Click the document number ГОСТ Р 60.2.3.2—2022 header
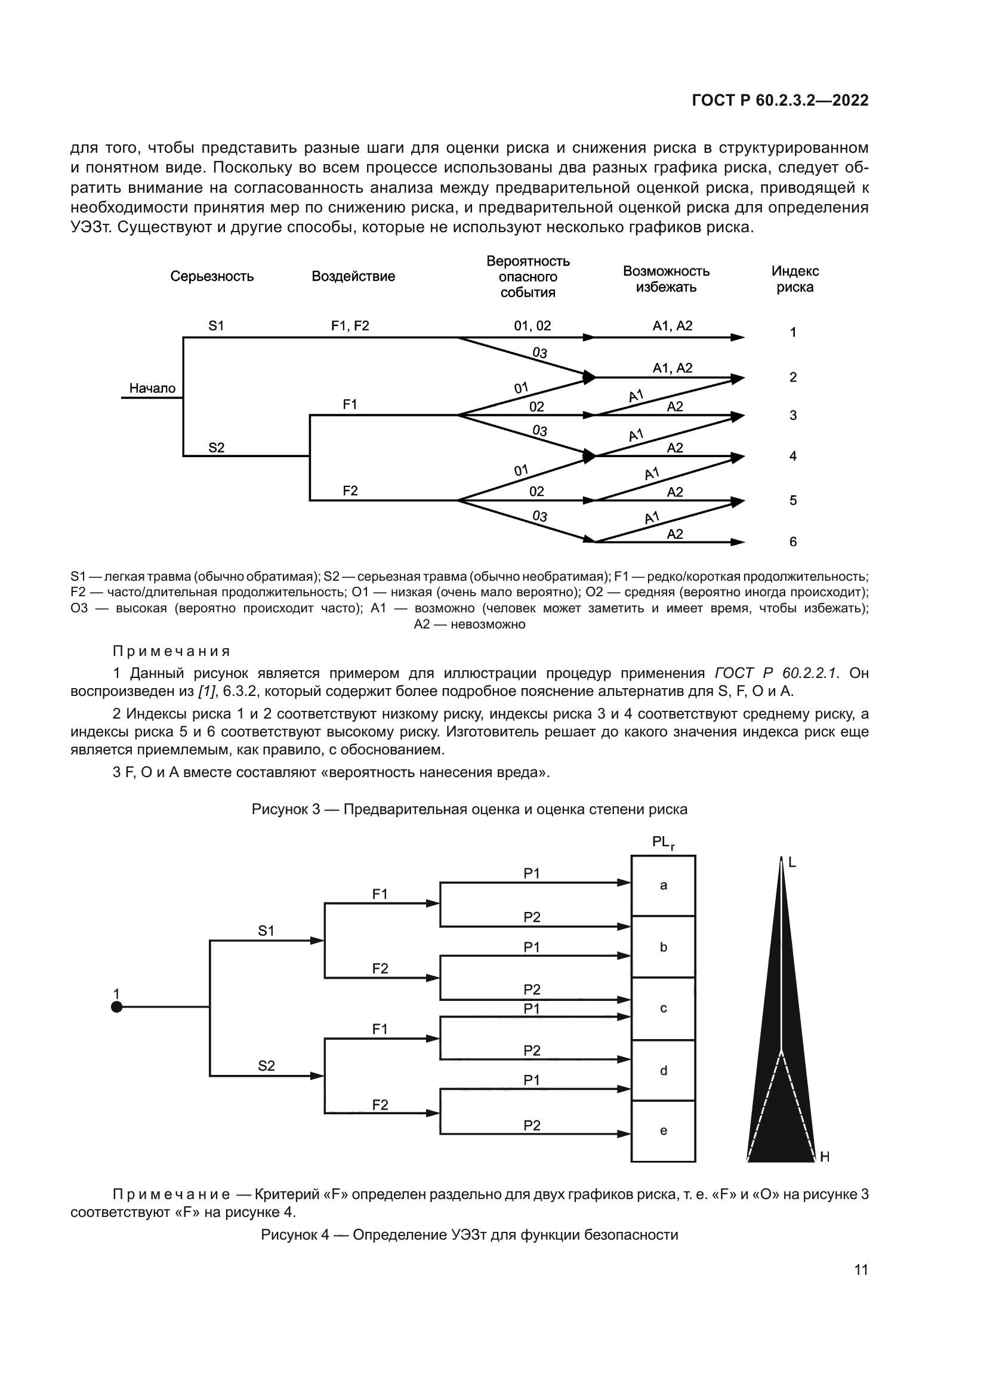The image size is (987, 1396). coord(780,101)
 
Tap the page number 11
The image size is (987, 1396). coord(860,1269)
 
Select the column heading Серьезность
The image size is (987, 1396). coord(211,277)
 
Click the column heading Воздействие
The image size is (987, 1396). coord(353,277)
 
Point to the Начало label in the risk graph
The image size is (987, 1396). coord(152,389)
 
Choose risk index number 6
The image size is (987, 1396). coord(792,542)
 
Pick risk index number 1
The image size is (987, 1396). coord(792,332)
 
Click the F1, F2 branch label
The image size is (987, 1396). coord(350,326)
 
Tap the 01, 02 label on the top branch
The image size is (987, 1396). coord(532,326)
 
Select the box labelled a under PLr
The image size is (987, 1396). coord(663,886)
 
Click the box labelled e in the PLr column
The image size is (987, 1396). coord(663,1131)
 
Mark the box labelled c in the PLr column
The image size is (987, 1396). coord(663,1008)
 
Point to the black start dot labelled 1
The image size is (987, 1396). coord(117,1007)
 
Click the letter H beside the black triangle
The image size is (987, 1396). coord(825,1157)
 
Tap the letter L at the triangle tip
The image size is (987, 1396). coord(792,862)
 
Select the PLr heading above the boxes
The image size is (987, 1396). coord(662,842)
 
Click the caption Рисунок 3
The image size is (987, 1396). coord(469,809)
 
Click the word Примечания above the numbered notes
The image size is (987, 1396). coord(171,651)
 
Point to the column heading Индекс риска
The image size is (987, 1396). coord(794,279)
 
